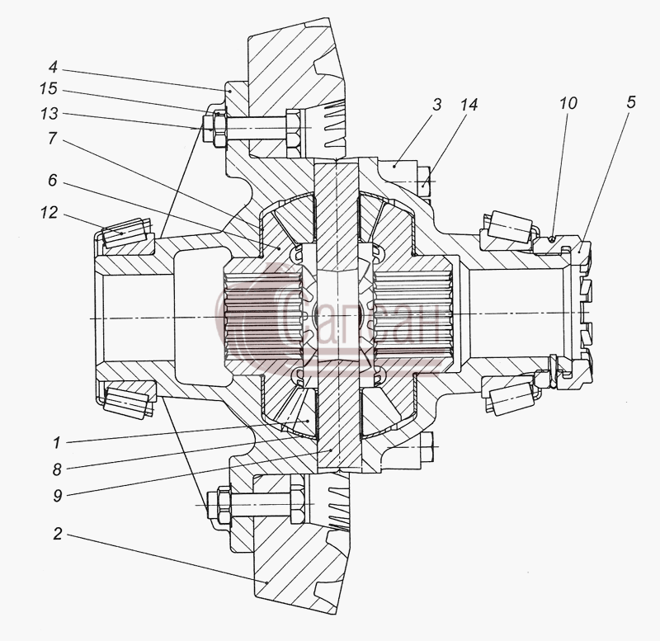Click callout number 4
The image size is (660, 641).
click(53, 67)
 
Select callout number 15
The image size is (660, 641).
click(49, 89)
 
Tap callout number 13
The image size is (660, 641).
click(49, 113)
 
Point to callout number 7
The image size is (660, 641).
click(52, 138)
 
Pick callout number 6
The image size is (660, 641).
click(52, 180)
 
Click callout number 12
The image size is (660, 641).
click(49, 213)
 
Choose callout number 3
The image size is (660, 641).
click(437, 105)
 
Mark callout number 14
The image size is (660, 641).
click(469, 105)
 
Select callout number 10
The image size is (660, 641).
click(568, 103)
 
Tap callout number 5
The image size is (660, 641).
click(630, 102)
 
